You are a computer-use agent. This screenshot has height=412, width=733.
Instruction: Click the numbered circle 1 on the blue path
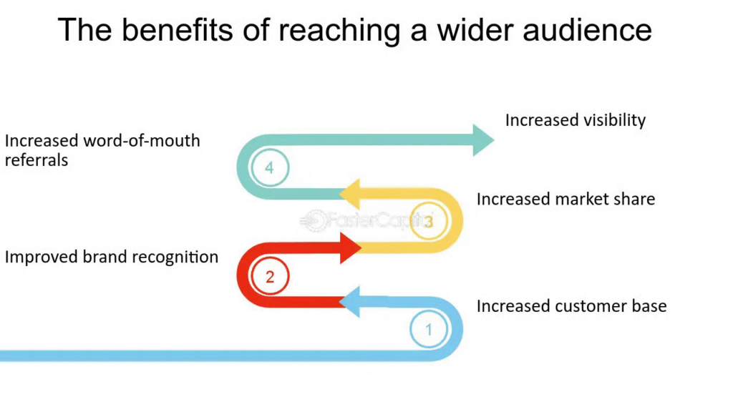point(429,330)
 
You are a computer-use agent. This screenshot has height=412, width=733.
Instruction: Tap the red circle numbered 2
point(270,277)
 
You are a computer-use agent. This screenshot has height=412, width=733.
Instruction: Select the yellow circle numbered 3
point(428,222)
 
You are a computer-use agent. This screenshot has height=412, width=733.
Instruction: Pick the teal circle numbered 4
point(269,168)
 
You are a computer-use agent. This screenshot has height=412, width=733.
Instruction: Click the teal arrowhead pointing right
point(482,139)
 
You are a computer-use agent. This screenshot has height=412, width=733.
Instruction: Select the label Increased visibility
point(575,120)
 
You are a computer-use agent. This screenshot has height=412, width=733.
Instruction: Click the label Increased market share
point(565,199)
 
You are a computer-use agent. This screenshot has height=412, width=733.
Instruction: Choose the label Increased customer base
point(571,306)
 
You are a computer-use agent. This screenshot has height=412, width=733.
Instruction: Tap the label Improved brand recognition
point(112,257)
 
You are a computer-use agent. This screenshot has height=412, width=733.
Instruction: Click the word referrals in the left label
point(37,160)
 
